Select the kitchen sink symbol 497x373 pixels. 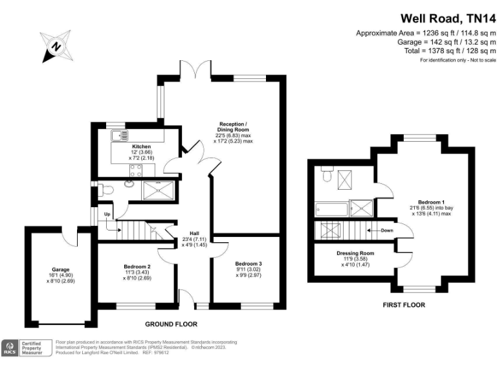click(x=120, y=135)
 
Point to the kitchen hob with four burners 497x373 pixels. click(x=137, y=170)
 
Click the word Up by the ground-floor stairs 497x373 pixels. click(x=107, y=214)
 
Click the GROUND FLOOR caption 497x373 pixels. click(x=171, y=324)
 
